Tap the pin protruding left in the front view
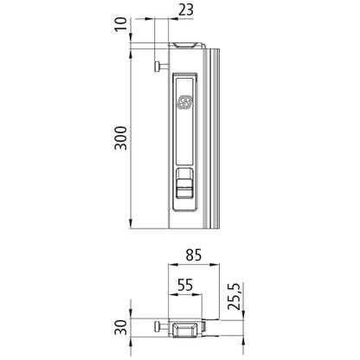tap(157, 65)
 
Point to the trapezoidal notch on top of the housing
tap(184, 44)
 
